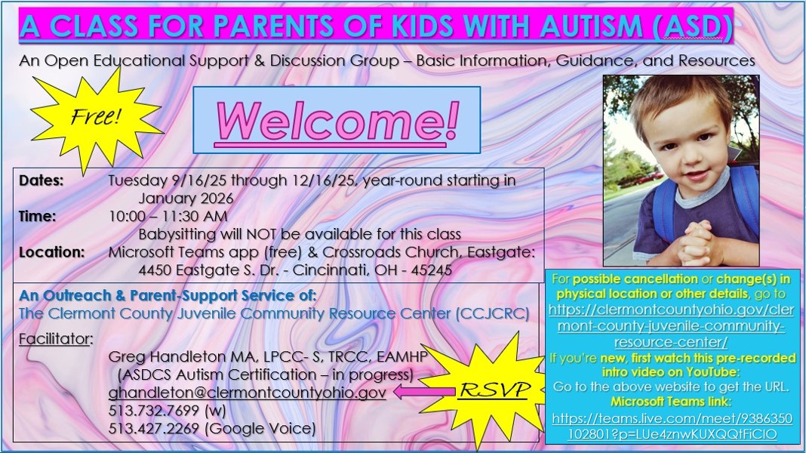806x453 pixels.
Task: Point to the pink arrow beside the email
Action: coord(425,393)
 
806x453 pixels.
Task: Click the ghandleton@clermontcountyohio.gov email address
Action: coord(248,393)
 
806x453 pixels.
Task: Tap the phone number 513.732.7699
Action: coord(154,410)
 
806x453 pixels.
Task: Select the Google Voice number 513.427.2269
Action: coord(154,428)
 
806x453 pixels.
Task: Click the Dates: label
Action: coord(41,180)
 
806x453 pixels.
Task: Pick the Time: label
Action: coord(38,216)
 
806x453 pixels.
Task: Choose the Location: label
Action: coord(52,252)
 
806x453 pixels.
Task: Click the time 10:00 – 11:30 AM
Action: coord(168,216)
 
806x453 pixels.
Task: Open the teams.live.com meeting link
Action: coord(672,427)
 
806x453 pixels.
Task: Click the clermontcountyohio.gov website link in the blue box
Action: coord(672,326)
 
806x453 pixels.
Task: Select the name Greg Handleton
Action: coord(168,356)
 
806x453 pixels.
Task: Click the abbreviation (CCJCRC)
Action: coord(492,313)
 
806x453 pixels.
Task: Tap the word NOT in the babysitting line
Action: coord(262,234)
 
